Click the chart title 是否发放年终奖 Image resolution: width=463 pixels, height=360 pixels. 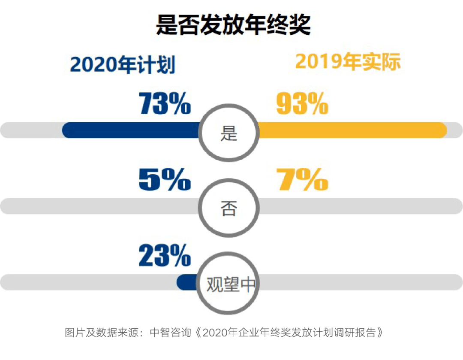(x=233, y=25)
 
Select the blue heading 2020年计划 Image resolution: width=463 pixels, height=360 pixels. (x=123, y=65)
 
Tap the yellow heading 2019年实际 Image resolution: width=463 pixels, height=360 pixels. (x=348, y=62)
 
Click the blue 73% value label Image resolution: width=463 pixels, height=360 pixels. (x=165, y=104)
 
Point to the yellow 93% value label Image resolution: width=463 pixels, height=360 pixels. (x=302, y=104)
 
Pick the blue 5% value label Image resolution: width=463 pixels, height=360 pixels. (x=165, y=180)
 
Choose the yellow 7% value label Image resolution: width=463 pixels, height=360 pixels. (x=302, y=180)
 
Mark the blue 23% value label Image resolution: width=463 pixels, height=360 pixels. (x=165, y=256)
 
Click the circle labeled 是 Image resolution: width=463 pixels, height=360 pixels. (x=229, y=133)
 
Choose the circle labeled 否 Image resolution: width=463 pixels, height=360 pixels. (x=229, y=209)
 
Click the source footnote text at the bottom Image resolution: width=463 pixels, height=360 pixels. (x=223, y=333)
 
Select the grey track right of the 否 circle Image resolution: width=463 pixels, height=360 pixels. (x=360, y=206)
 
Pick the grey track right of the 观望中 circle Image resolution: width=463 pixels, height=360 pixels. (x=360, y=282)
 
